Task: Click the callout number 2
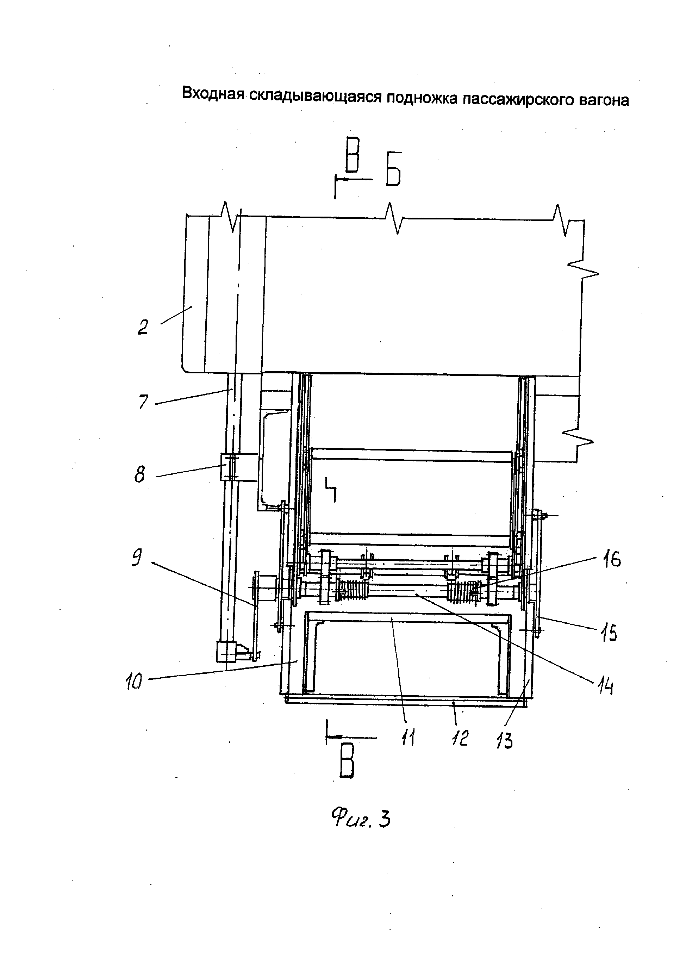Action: click(143, 328)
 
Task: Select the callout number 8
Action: click(140, 474)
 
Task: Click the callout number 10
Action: click(134, 682)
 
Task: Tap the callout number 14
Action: click(605, 687)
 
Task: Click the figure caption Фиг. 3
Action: click(360, 820)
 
